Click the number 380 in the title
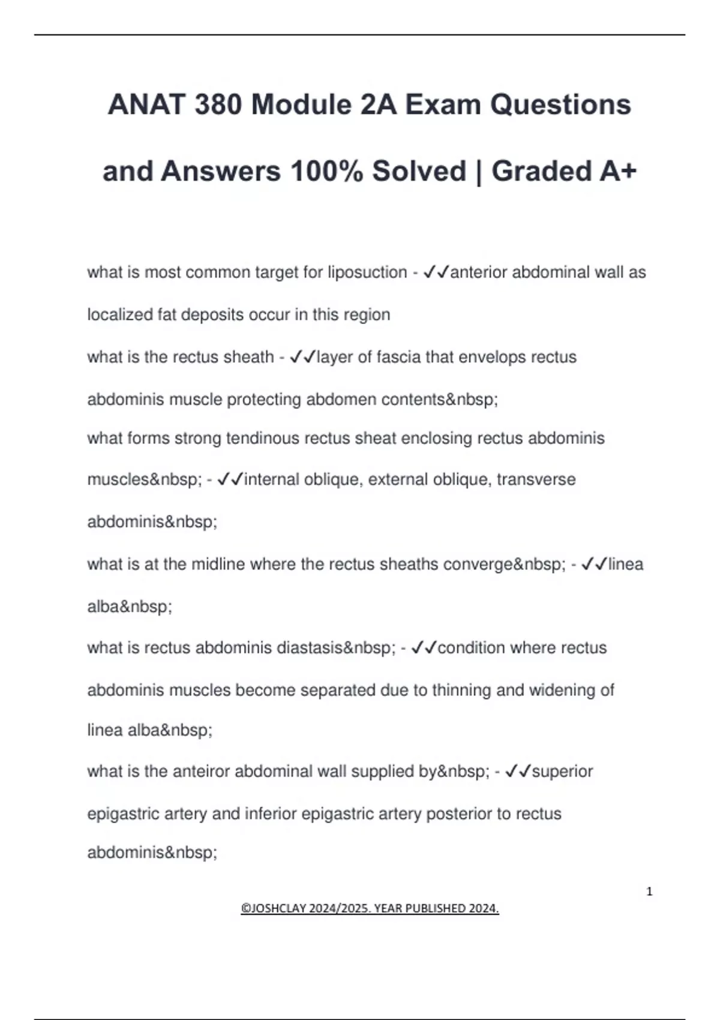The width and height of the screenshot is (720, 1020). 218,105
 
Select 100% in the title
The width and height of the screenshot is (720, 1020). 326,171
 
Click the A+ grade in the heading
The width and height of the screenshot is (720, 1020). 617,171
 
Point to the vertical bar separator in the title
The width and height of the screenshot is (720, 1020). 479,172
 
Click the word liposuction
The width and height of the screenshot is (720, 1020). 367,272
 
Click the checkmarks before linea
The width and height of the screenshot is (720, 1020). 595,564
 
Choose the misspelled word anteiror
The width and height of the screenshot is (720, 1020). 201,771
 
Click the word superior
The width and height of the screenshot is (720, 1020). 562,771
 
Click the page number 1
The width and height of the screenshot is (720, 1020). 649,892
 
